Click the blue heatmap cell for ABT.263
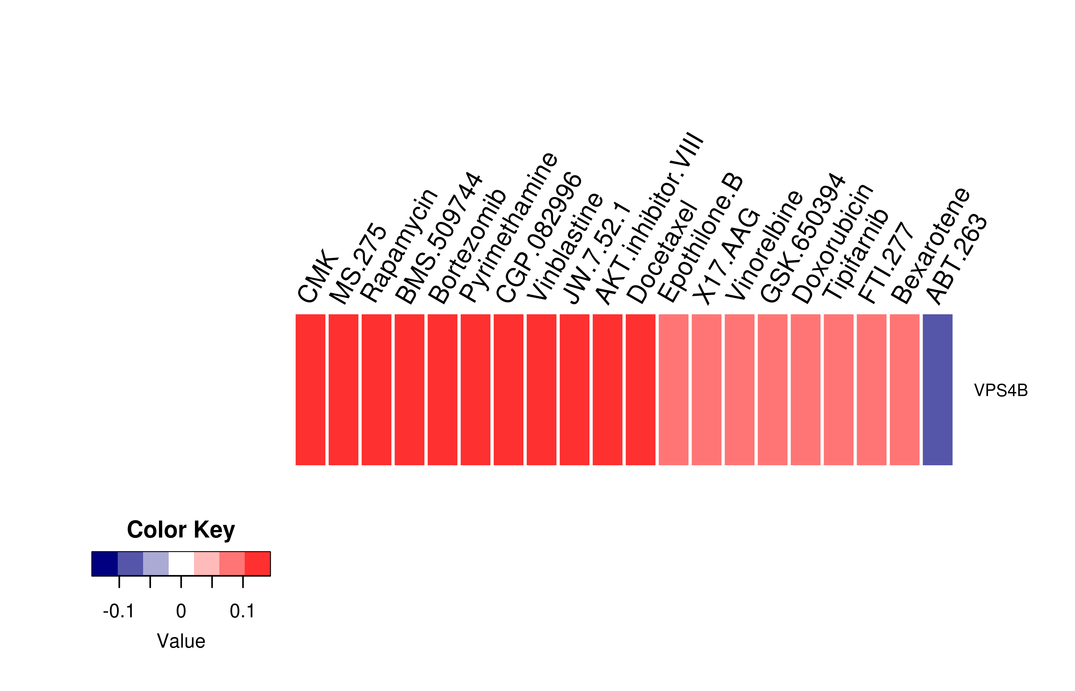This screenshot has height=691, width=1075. click(937, 390)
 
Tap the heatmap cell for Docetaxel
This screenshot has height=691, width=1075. click(640, 390)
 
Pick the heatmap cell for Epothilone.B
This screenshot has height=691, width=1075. click(673, 390)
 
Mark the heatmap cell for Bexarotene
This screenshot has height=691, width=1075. click(905, 390)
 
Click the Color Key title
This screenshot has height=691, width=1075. click(181, 530)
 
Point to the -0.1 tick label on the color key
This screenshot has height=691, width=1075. click(119, 611)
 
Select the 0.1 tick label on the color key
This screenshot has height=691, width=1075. click(242, 611)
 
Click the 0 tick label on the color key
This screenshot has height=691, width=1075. click(181, 611)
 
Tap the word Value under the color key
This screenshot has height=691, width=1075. click(181, 641)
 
